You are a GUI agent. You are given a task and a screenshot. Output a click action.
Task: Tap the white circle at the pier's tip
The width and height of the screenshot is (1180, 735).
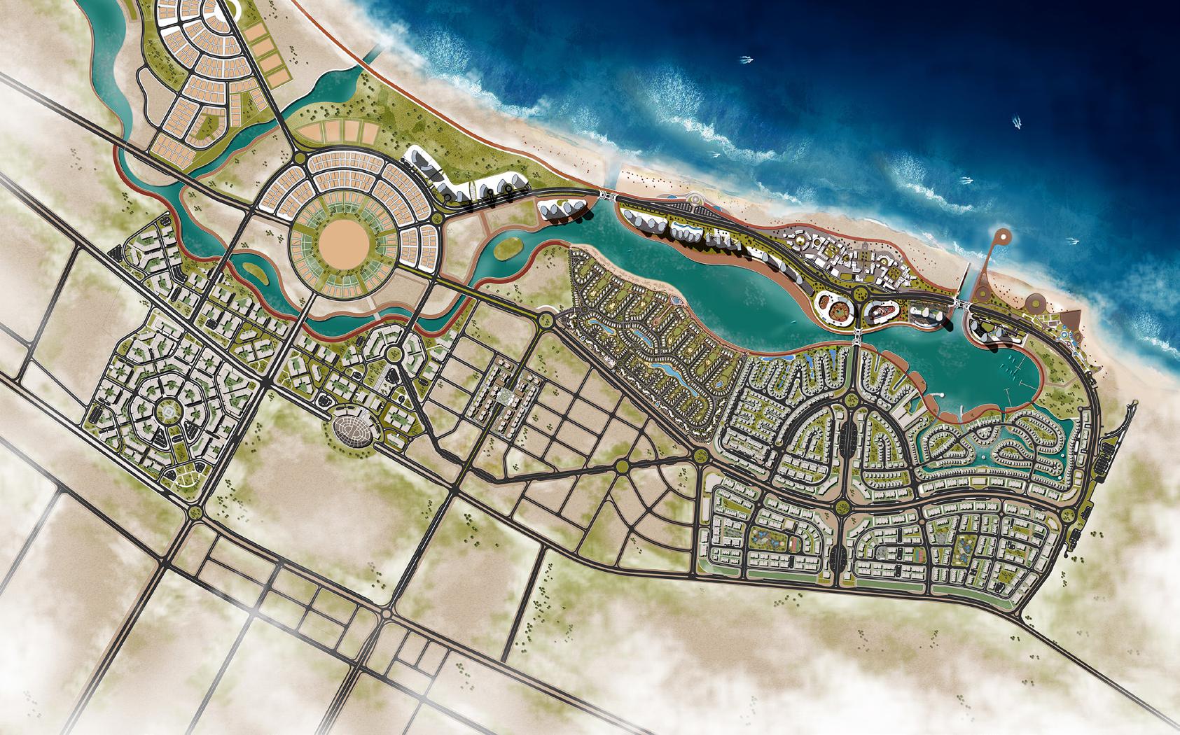[1002, 237]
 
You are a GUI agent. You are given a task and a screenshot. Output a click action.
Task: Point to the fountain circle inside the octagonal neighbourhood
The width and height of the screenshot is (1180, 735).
[169, 413]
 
